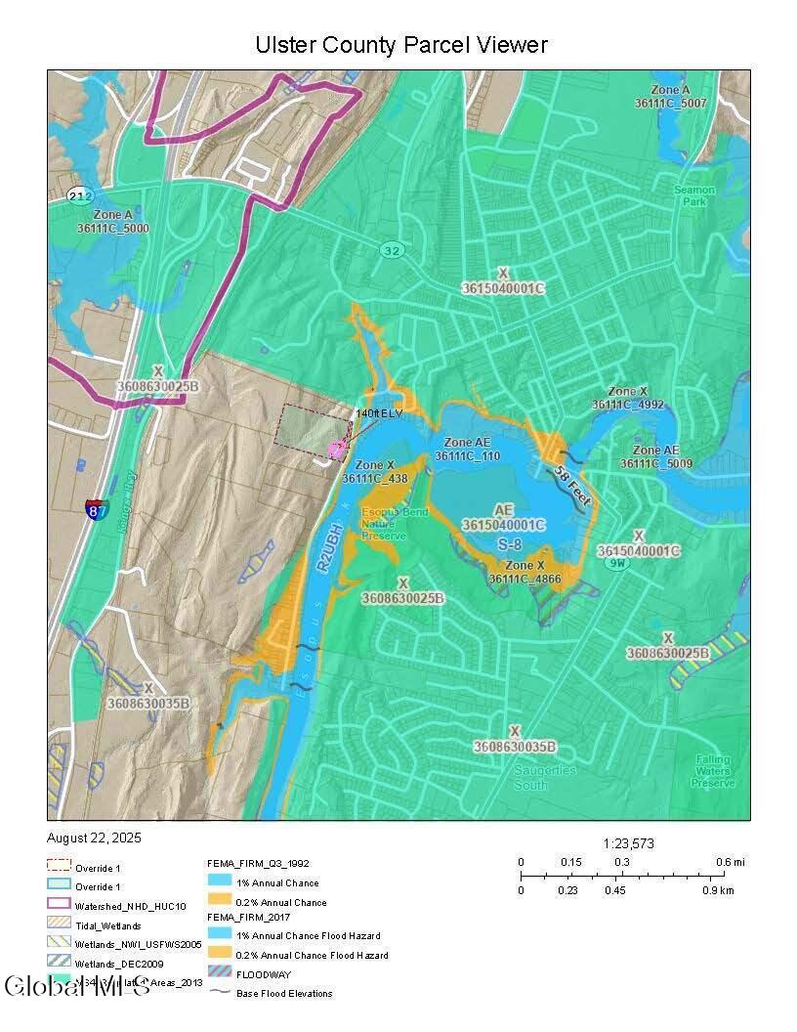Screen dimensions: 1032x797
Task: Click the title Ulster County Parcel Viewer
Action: [400, 45]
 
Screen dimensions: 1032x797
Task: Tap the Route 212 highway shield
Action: [79, 196]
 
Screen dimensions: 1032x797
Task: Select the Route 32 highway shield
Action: [392, 251]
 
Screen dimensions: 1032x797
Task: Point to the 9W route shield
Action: [615, 563]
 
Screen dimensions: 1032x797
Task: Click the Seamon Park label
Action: [694, 195]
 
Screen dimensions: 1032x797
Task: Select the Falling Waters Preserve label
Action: [714, 771]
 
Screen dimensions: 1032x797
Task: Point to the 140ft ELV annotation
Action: [379, 414]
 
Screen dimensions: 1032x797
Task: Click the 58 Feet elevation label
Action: [571, 485]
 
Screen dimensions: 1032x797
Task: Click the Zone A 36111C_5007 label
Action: [669, 96]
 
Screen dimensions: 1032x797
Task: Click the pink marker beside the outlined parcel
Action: [337, 449]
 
